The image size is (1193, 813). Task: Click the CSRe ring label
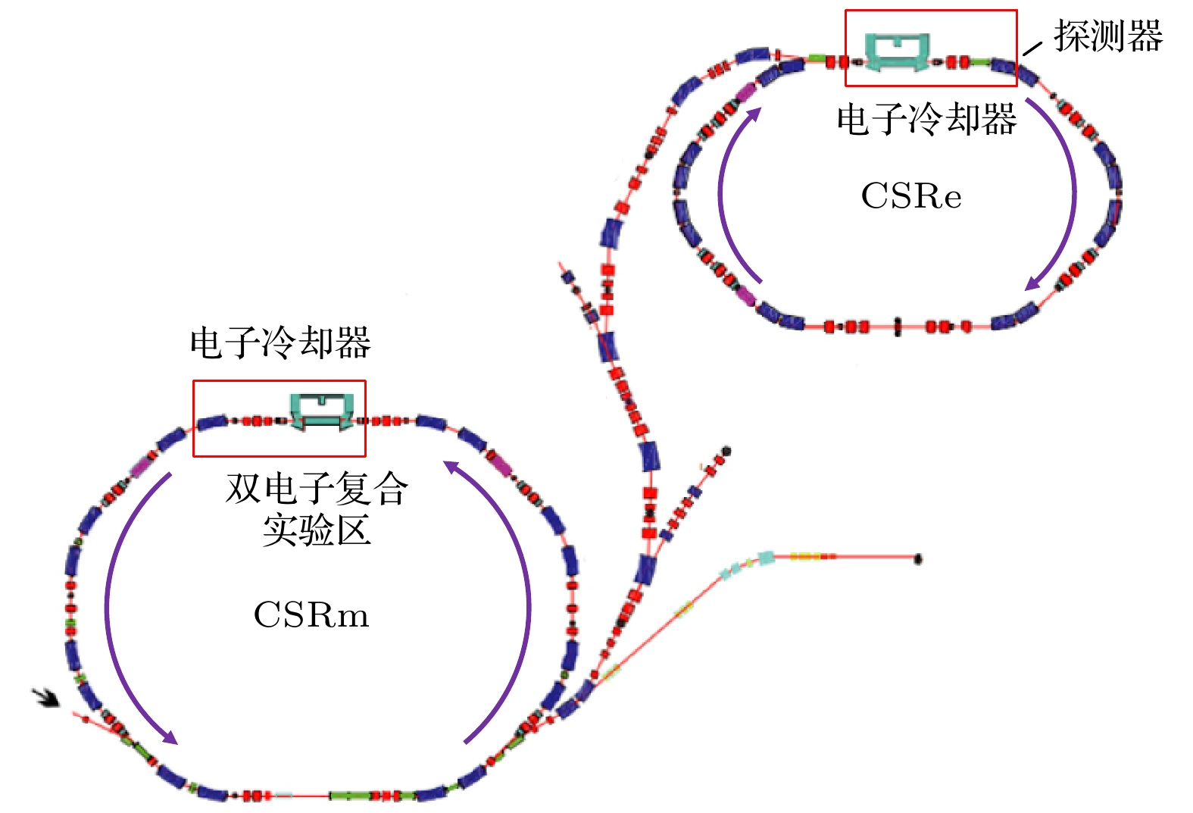[x=911, y=196]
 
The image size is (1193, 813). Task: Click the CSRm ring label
[x=311, y=614]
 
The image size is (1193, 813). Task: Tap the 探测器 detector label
[x=1108, y=36]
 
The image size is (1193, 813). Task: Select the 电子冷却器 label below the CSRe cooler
[x=926, y=120]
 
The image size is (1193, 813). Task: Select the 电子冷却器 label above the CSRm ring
[x=280, y=342]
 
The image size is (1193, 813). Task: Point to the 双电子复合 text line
[x=317, y=488]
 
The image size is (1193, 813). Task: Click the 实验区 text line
[x=317, y=530]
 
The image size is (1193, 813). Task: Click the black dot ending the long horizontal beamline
[x=918, y=559]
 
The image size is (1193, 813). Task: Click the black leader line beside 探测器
[x=1032, y=48]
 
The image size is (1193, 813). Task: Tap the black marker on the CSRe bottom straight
[x=898, y=327]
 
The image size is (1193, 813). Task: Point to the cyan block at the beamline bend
[x=766, y=558]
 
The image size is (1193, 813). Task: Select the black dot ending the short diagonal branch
[x=726, y=452]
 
